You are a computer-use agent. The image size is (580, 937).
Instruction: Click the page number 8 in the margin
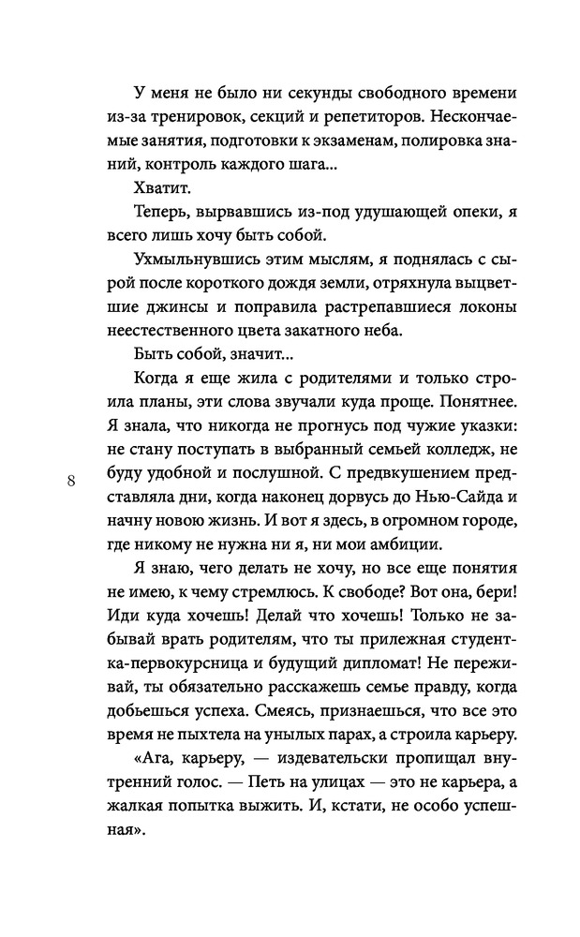[x=71, y=482]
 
